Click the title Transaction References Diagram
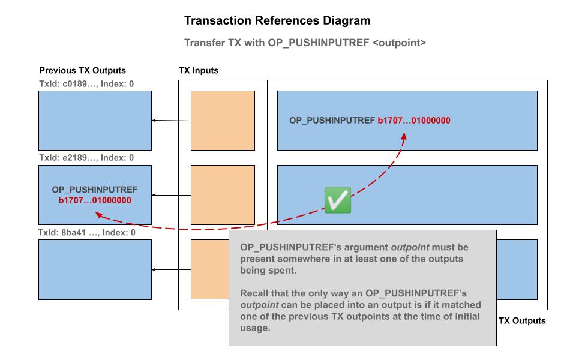tap(277, 21)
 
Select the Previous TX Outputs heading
tap(83, 70)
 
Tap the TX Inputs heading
tap(199, 70)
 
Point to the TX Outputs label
tap(522, 321)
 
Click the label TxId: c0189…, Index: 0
tap(86, 83)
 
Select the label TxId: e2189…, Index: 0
tap(86, 158)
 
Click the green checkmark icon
tap(337, 199)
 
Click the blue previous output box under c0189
tap(95, 121)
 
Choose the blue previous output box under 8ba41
tap(95, 269)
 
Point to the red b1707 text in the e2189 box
tap(95, 200)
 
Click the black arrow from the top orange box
tap(172, 121)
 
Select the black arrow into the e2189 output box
tap(172, 195)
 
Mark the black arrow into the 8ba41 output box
tap(172, 269)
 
